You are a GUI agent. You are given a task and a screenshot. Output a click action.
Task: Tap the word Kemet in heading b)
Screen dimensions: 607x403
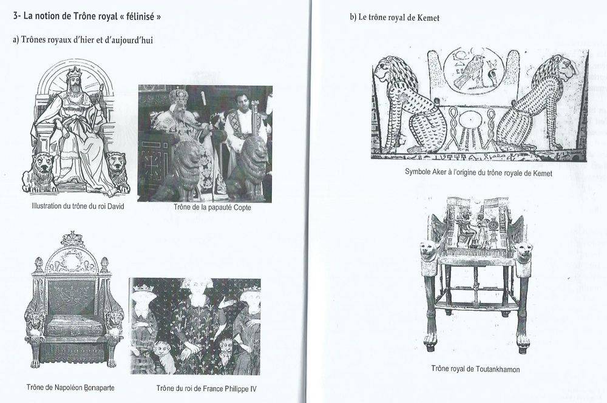tap(429, 18)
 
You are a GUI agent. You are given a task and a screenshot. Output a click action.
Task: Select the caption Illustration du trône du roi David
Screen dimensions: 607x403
tap(78, 206)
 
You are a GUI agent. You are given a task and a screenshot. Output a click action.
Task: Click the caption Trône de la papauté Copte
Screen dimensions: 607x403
tap(212, 208)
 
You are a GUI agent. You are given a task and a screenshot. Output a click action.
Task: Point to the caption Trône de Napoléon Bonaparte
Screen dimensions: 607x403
tap(70, 387)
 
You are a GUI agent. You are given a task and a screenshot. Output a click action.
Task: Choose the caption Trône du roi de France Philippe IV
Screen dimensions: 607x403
tap(206, 388)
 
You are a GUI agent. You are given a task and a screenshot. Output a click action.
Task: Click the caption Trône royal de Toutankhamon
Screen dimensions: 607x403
tap(475, 368)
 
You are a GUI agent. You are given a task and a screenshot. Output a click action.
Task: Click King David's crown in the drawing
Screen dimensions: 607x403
tap(74, 72)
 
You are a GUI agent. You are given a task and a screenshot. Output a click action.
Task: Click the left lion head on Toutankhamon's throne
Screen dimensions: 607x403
tap(429, 250)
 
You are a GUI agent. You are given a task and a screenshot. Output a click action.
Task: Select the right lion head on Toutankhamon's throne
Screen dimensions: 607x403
tap(524, 251)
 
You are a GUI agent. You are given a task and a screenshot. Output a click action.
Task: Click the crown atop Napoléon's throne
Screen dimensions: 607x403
tap(72, 239)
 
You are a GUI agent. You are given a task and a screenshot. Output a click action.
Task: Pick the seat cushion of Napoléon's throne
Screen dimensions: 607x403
tap(72, 326)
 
